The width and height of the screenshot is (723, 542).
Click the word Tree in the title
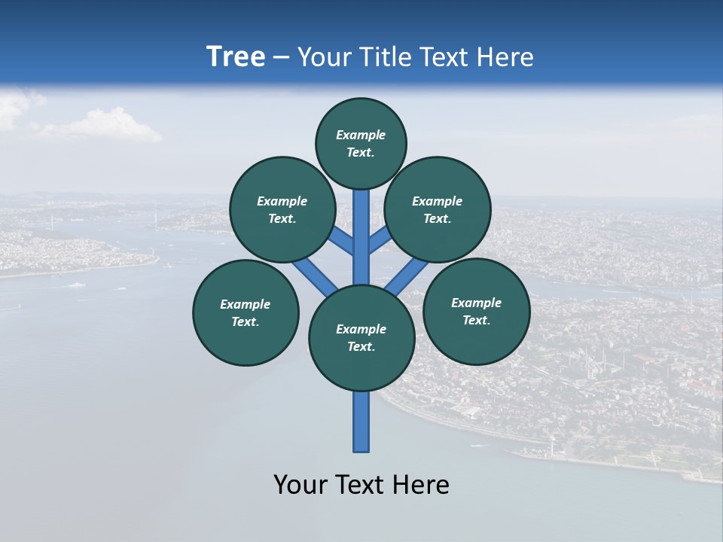pos(236,56)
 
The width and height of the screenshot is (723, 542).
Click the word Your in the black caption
pos(300,485)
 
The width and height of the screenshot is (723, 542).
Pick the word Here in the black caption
pos(421,485)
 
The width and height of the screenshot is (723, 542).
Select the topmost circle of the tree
pos(361,143)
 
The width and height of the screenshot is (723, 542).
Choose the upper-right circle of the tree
pos(438,209)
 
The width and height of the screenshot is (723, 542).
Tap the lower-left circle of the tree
pos(246,312)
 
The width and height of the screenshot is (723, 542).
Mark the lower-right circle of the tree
pos(476,311)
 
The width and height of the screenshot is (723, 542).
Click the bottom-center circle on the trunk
pos(361,338)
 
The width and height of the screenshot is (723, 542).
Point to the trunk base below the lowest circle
pos(361,422)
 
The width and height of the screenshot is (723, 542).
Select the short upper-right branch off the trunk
pos(380,239)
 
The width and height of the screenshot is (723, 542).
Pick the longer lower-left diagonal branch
pos(314,276)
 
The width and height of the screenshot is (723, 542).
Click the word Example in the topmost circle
pos(361,135)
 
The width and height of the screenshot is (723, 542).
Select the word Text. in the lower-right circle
pos(476,320)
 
